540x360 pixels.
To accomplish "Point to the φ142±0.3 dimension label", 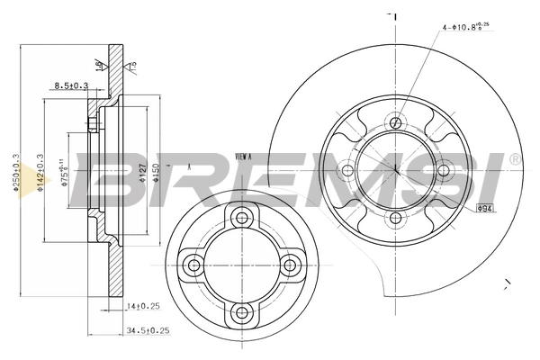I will [40, 171].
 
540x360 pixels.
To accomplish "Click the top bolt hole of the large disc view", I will [395, 121].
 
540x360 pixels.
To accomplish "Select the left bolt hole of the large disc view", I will [347, 169].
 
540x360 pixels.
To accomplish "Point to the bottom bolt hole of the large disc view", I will [395, 217].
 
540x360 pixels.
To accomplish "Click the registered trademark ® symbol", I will [514, 159].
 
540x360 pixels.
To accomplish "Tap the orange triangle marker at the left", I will [40, 184].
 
